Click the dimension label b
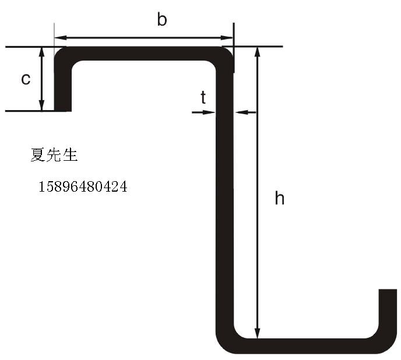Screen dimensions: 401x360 [x=162, y=20]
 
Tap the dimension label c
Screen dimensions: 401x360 [x=26, y=79]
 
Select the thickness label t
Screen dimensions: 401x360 [x=203, y=97]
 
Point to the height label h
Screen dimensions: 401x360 [x=279, y=198]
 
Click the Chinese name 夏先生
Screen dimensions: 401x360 [x=54, y=155]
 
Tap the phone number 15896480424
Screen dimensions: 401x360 [x=83, y=186]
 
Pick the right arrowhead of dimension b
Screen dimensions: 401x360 [x=227, y=38]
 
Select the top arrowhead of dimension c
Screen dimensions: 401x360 [x=42, y=52]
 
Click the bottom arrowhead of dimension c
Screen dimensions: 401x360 [x=42, y=106]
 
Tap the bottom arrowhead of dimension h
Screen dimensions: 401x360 [x=258, y=333]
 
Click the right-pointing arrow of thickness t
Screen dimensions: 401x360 [x=203, y=112]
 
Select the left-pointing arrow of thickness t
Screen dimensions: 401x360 [x=245, y=112]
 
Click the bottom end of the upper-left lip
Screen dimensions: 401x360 [x=63, y=111]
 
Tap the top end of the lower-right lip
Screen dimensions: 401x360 [x=388, y=290]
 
